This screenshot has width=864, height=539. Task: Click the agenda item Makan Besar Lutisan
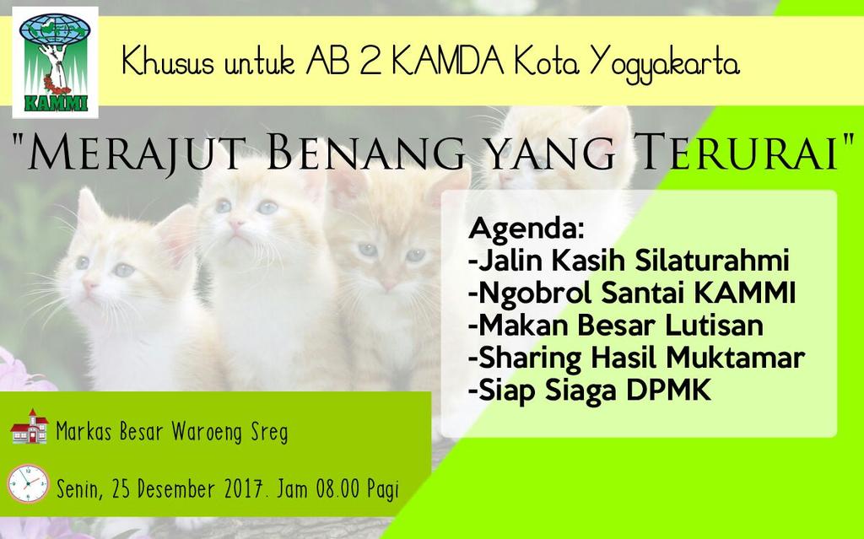click(616, 326)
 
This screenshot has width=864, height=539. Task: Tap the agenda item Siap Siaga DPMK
click(589, 391)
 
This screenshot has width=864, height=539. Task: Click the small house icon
click(29, 428)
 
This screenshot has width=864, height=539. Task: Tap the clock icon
click(28, 483)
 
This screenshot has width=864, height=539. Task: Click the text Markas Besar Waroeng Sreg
click(171, 434)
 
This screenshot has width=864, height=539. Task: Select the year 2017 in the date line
click(249, 488)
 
